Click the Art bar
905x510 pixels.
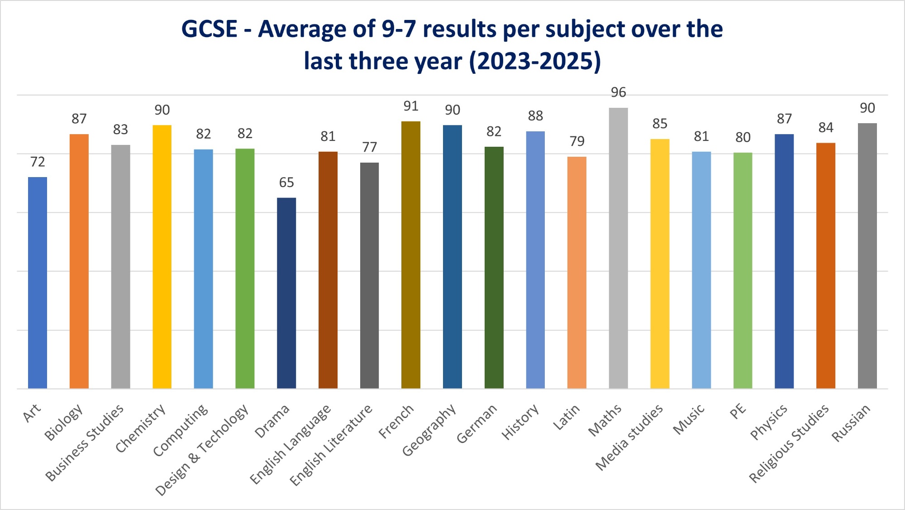click(x=38, y=283)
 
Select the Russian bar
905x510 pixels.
click(x=867, y=256)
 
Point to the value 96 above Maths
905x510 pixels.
click(x=618, y=92)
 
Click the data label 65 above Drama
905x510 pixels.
click(x=286, y=183)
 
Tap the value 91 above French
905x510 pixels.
click(x=411, y=106)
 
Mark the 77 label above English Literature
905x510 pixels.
click(x=369, y=147)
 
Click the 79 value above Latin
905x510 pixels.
click(x=576, y=141)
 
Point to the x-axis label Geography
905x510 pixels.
click(x=429, y=430)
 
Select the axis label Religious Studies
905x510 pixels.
click(x=789, y=443)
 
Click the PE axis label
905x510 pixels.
click(x=738, y=411)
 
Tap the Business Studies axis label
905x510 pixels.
click(x=85, y=442)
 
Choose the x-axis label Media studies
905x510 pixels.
click(x=629, y=437)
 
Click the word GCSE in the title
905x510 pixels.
click(x=209, y=29)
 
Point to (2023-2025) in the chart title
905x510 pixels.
click(x=535, y=61)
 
